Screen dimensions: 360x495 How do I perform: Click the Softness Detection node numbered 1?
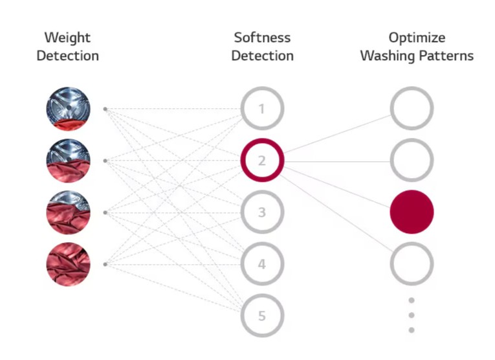(262, 109)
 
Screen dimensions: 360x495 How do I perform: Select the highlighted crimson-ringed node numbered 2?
(262, 160)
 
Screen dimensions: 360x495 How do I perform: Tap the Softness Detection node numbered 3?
(262, 212)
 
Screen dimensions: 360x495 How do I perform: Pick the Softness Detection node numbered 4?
(262, 264)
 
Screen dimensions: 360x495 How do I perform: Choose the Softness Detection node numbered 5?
(262, 316)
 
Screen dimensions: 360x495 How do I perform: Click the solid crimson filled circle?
(412, 212)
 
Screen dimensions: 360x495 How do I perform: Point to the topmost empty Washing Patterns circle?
(412, 108)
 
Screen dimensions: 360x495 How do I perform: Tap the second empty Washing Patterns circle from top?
(412, 160)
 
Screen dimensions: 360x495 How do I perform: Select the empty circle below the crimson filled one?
(412, 264)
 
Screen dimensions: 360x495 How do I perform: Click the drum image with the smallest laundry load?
(68, 109)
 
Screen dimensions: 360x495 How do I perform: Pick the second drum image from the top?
(68, 161)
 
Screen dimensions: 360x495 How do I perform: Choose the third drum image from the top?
(68, 212)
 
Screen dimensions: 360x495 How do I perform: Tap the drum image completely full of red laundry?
(68, 264)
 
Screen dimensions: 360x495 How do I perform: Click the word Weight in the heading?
(67, 38)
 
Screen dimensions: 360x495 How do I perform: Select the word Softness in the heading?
(262, 38)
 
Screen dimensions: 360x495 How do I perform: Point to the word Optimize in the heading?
(417, 38)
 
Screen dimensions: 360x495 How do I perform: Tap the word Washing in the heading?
(386, 56)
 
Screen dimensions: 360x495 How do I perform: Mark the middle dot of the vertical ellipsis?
(412, 315)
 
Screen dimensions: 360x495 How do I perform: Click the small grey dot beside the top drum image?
(105, 109)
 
